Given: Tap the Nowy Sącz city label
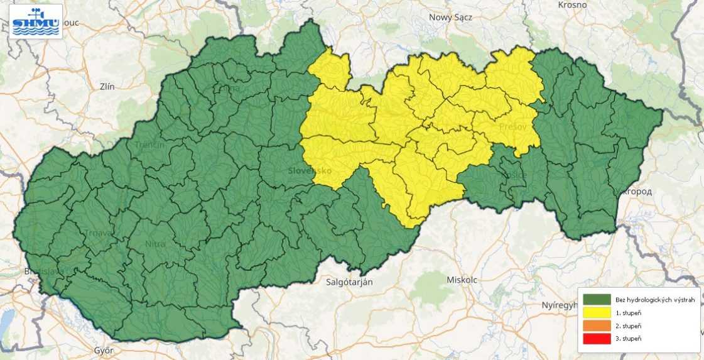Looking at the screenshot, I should coord(451,17).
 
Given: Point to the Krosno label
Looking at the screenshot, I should coord(571,4).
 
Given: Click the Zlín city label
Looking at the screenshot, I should coord(107,87).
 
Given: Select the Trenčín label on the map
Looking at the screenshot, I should coord(149,145).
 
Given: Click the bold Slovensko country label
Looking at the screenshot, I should coord(310,171).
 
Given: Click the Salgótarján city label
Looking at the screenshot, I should coord(350,282).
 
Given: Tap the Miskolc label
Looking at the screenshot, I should coord(461,279).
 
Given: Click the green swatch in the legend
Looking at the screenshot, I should coord(597,300).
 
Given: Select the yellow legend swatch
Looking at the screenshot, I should coord(597,313).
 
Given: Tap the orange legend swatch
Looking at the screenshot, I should coord(597,326).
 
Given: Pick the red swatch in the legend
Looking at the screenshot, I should coord(597,339).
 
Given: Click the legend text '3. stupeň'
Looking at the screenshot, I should coord(629,339).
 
